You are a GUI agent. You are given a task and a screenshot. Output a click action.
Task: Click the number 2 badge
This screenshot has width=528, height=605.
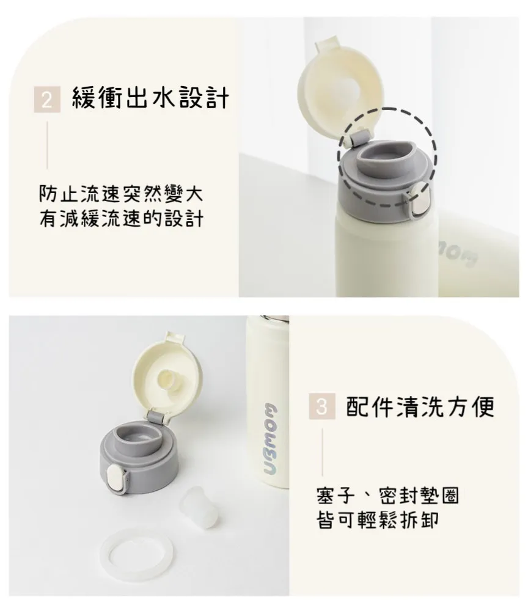pyautogui.click(x=47, y=99)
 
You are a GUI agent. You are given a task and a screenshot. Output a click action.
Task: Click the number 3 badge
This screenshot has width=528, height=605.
pyautogui.click(x=322, y=406)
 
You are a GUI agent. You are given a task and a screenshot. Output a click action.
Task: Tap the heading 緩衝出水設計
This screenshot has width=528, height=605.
pyautogui.click(x=150, y=98)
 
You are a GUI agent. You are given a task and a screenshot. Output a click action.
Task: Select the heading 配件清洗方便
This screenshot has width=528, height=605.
pyautogui.click(x=420, y=406)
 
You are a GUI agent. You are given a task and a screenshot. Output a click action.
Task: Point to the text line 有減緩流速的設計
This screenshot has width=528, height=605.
pyautogui.click(x=121, y=218)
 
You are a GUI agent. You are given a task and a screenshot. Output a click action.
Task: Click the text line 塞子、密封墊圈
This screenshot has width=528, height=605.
pyautogui.click(x=387, y=496)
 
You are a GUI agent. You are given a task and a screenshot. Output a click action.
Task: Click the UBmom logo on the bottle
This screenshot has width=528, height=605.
pyautogui.click(x=274, y=439)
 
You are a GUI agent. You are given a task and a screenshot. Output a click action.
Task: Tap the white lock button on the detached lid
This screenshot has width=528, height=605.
pyautogui.click(x=115, y=478)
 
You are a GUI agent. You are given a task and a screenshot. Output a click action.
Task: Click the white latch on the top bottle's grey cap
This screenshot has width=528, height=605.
pyautogui.click(x=419, y=199)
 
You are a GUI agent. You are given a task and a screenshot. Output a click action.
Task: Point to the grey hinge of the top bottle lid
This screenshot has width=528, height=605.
pyautogui.click(x=359, y=137)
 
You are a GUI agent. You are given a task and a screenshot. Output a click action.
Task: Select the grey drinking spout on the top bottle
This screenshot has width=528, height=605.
pyautogui.click(x=386, y=158)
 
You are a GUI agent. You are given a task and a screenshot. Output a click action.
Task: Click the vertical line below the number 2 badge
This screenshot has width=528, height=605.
pyautogui.click(x=47, y=145)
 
